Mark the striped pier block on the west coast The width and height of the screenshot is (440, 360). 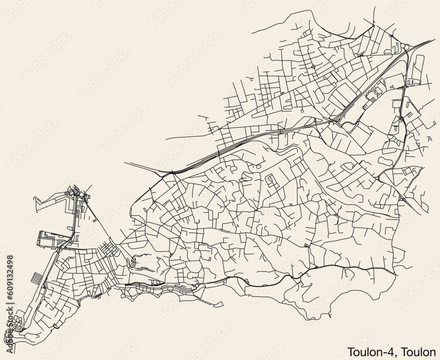pos(37,278)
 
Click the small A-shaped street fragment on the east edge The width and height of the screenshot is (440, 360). pos(430,139)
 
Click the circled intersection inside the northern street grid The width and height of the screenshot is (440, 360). pos(313,66)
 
